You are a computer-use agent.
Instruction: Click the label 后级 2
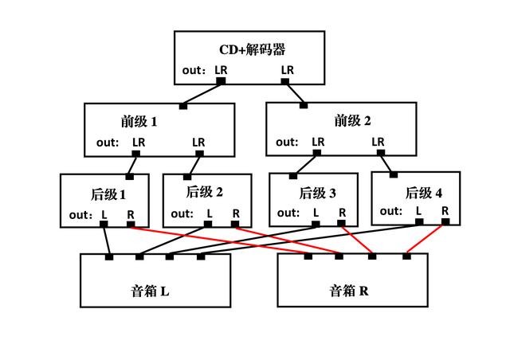point(204,191)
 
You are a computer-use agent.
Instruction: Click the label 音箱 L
point(154,291)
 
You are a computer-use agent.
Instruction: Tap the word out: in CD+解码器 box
point(194,71)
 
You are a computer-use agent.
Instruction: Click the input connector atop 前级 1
point(183,105)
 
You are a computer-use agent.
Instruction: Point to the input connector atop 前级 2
point(303,104)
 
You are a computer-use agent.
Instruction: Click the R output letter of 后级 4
point(445,211)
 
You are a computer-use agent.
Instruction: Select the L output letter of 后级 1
point(104,214)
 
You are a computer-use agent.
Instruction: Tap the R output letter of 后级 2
point(236,213)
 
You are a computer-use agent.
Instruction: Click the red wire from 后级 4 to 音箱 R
point(426,239)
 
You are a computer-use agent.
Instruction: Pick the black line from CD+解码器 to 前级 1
point(202,93)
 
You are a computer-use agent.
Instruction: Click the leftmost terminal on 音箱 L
point(109,256)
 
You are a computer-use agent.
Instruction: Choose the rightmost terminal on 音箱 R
point(406,256)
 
